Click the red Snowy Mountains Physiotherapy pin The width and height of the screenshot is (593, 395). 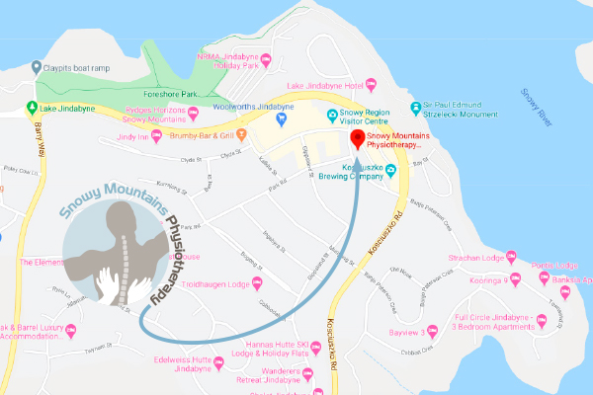tap(357, 136)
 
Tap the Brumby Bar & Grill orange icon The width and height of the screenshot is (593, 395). tap(240, 133)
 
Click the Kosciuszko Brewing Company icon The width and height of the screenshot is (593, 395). tap(390, 169)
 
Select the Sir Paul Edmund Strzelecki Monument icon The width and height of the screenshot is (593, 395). tap(415, 108)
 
